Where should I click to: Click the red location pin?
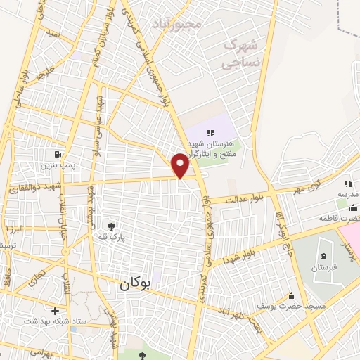tap(180, 165)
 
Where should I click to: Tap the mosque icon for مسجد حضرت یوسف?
tap(291, 295)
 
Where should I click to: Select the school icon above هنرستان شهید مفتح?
tap(210, 132)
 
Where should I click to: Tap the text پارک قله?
tap(111, 238)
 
